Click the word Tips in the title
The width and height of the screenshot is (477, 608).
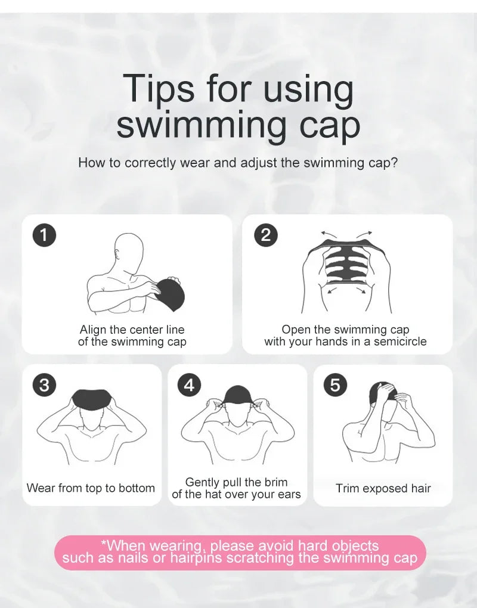coord(159,89)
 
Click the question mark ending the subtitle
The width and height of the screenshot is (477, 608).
coord(394,162)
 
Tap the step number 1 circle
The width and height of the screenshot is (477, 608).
coord(44,235)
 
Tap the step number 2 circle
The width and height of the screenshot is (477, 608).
coord(265,235)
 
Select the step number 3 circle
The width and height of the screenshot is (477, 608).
coord(44,384)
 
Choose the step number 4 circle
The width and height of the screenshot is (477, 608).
coord(189,385)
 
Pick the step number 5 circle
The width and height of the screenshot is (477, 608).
coord(335,385)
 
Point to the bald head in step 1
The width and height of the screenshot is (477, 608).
coord(129,250)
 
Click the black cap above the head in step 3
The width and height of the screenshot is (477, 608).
coord(92,398)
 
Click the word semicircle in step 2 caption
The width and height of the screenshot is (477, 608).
coord(398,342)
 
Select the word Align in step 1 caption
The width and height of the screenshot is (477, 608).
coord(94,330)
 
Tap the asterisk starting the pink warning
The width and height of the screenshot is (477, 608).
coord(104,544)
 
